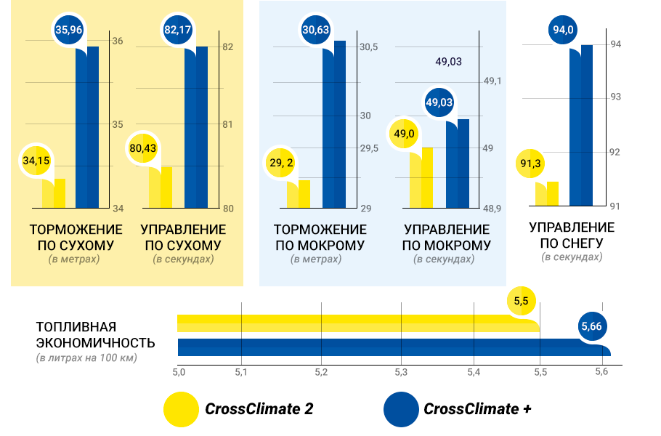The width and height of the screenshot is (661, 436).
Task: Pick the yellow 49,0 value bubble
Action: pyautogui.click(x=405, y=134)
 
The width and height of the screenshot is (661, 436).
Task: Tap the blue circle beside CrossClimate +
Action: pyautogui.click(x=401, y=408)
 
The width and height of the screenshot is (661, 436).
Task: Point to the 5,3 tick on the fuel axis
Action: pyautogui.click(x=401, y=372)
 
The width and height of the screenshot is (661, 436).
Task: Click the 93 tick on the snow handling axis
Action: pyautogui.click(x=615, y=97)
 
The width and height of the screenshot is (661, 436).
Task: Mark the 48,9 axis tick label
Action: pyautogui.click(x=492, y=209)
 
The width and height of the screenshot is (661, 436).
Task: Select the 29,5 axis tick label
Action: pyautogui.click(x=370, y=148)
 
